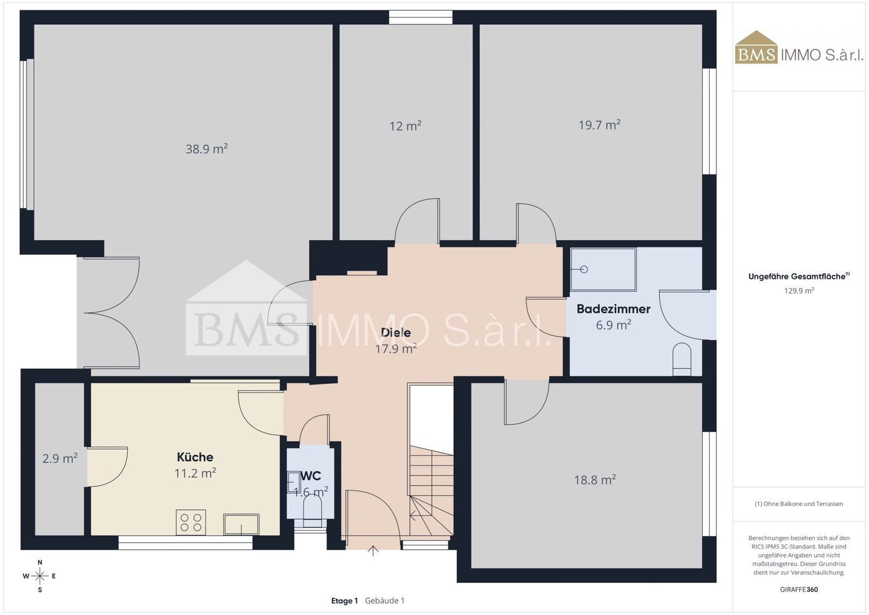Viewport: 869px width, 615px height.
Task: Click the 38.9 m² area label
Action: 206,148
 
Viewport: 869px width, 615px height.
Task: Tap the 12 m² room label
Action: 406,126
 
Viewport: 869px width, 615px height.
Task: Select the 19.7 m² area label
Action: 599,124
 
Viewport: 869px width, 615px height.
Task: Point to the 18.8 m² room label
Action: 595,480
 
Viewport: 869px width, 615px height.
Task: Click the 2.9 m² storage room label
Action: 60,458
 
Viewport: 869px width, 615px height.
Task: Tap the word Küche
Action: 195,457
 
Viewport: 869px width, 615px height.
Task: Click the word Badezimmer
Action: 613,309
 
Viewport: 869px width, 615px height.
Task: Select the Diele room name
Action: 396,332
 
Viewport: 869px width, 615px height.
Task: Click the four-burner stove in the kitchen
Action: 191,522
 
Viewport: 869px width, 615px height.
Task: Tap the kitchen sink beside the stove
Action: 241,524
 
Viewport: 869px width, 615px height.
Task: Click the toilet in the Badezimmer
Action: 682,359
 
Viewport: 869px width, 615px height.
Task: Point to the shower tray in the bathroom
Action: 603,269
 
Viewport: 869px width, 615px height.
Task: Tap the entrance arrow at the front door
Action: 373,550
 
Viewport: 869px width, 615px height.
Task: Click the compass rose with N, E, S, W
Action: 40,576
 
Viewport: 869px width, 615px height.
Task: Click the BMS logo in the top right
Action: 756,47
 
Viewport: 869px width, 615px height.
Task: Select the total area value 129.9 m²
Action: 799,291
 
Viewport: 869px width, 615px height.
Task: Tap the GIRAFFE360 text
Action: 799,590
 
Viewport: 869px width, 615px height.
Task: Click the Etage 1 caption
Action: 344,601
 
